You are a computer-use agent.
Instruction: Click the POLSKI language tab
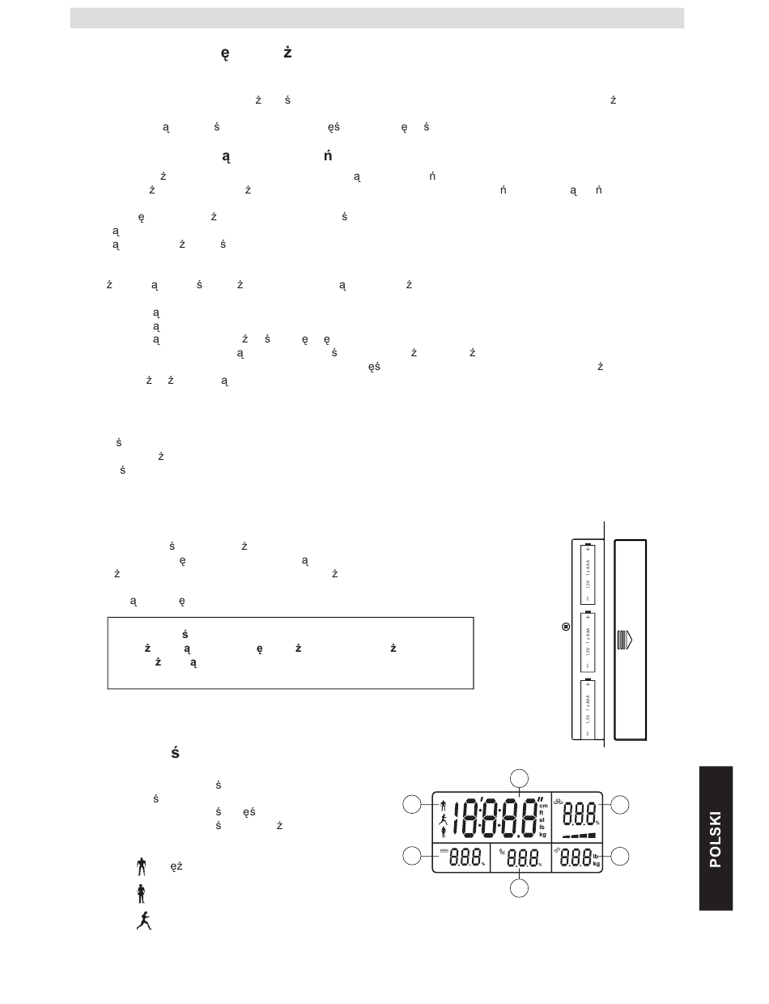point(716,838)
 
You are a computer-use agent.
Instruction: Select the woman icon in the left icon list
point(140,893)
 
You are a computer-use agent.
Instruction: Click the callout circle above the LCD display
point(520,778)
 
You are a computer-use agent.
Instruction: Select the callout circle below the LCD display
point(520,888)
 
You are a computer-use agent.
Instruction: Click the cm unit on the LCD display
point(543,806)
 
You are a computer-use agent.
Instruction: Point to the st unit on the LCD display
point(542,820)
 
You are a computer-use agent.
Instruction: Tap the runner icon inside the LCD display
point(443,819)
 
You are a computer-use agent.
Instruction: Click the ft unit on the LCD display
point(542,813)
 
